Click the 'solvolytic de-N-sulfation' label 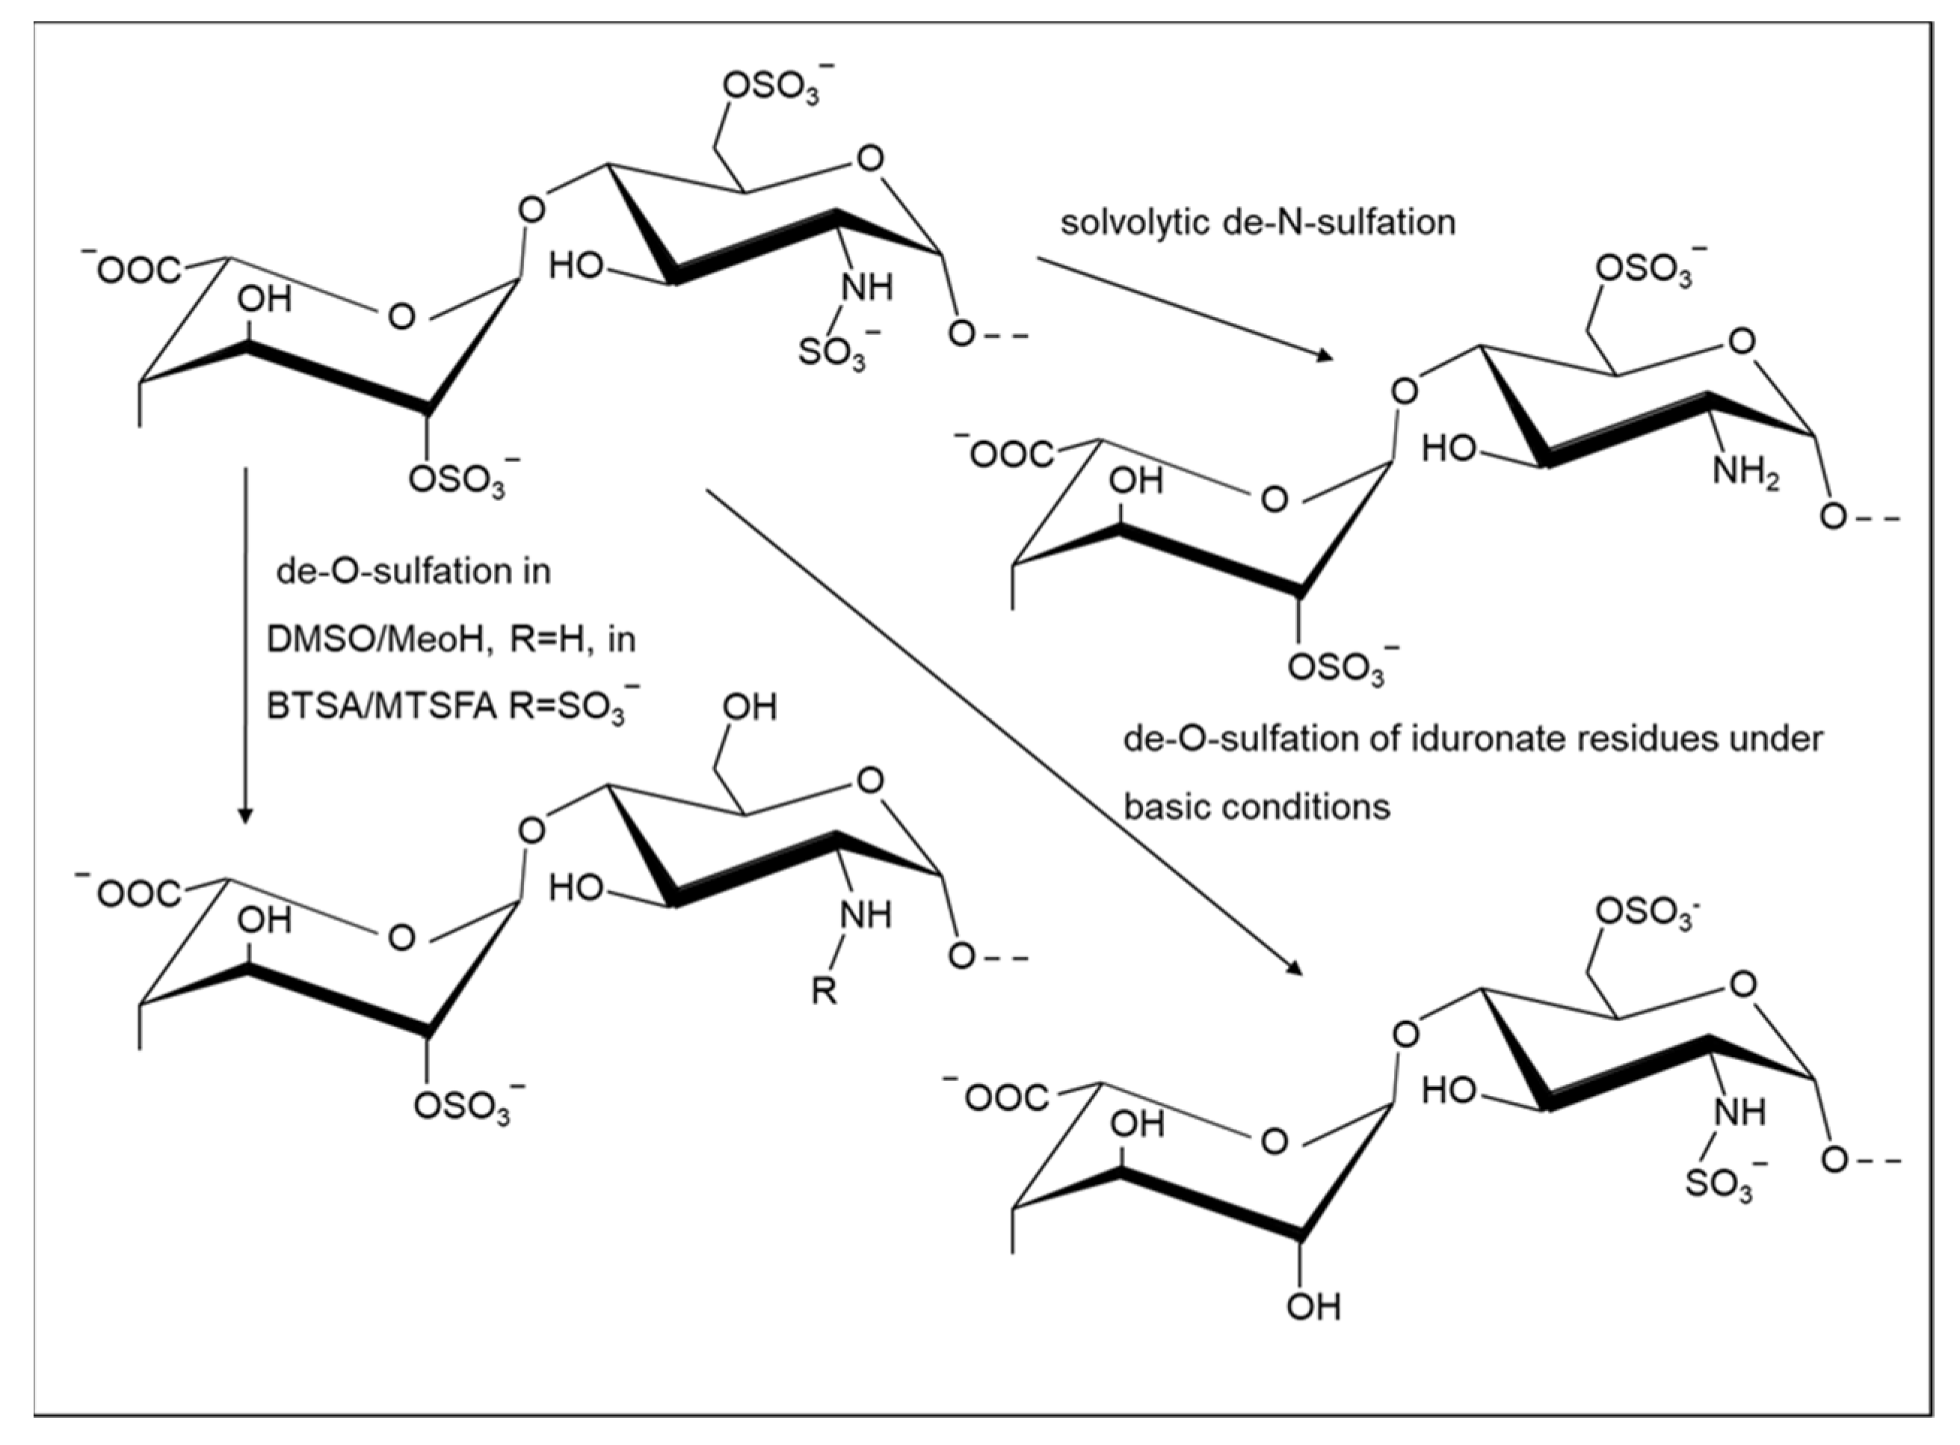1257,222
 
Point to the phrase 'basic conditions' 1256,807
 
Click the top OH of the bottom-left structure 750,706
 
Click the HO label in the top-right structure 1447,449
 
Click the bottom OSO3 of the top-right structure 1337,668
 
